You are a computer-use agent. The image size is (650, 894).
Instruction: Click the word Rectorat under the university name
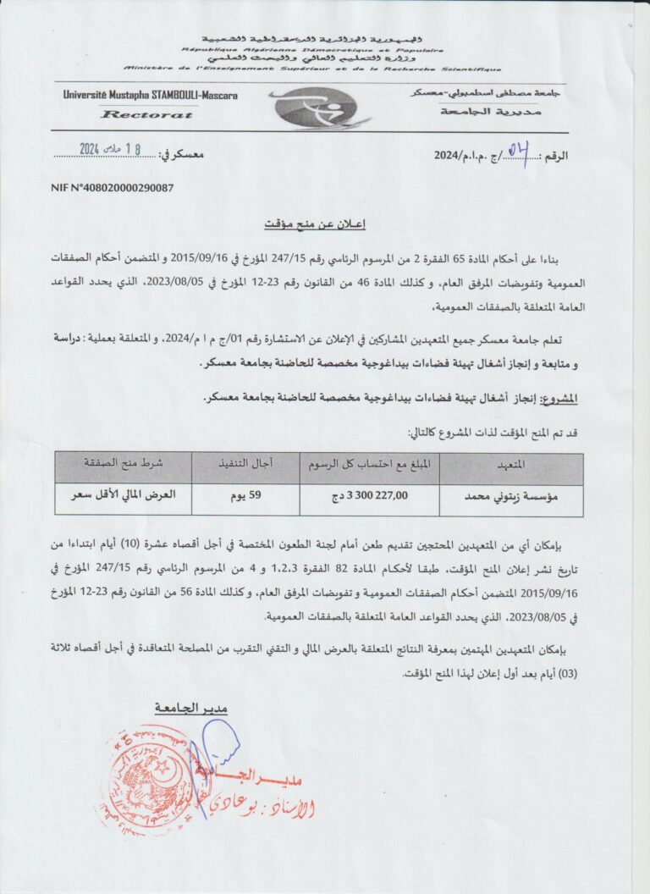coord(135,113)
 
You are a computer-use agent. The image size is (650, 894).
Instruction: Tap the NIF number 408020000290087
coord(113,187)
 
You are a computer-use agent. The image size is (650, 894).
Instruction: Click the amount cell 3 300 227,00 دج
coord(369,499)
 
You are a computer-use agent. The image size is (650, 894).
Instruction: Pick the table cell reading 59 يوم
coord(245,499)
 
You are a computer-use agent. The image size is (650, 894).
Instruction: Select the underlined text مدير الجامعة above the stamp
coord(191,708)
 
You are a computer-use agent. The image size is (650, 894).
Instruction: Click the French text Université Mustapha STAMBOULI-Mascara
coord(150,96)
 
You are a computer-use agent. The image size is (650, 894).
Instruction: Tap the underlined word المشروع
coord(560,398)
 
